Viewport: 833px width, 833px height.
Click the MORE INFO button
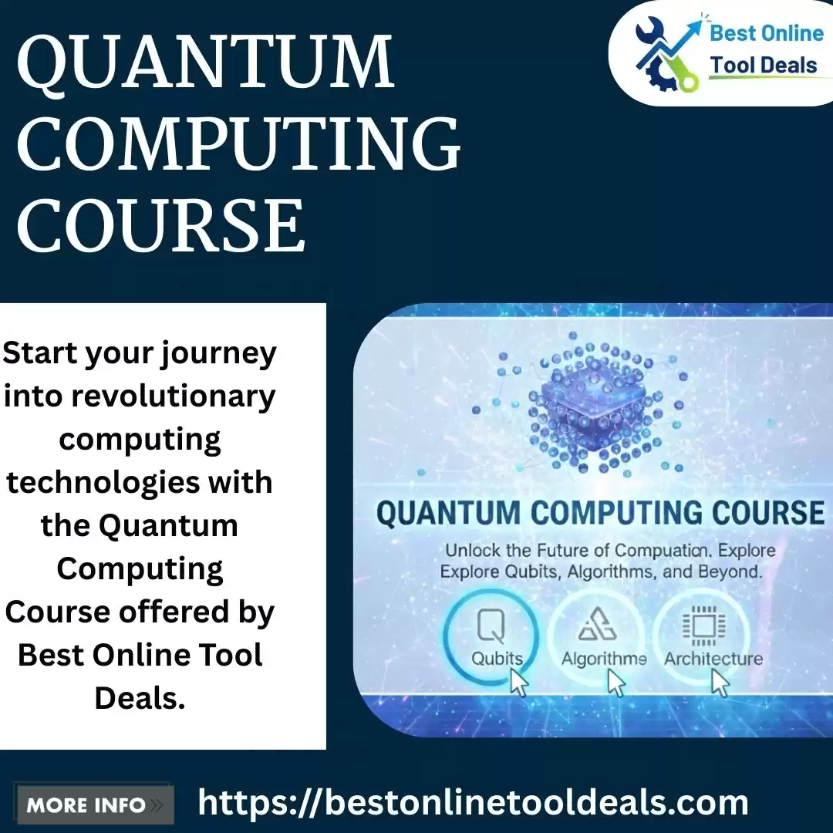click(x=96, y=805)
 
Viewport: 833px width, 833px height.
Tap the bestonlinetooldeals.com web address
click(x=473, y=803)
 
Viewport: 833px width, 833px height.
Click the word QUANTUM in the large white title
click(x=206, y=63)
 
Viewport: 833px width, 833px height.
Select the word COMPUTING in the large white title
click(x=239, y=143)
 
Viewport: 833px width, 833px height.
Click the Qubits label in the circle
click(x=497, y=659)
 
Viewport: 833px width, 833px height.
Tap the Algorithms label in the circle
click(x=604, y=659)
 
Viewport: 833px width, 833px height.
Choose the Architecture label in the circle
click(x=713, y=659)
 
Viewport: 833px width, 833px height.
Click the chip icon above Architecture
click(x=704, y=626)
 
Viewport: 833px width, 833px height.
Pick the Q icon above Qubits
click(x=491, y=626)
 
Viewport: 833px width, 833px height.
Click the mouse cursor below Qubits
click(x=519, y=682)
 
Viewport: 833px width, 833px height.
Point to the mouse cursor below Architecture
click(x=720, y=682)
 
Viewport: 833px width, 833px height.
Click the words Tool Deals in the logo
click(x=764, y=66)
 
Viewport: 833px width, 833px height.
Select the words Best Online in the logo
click(x=767, y=33)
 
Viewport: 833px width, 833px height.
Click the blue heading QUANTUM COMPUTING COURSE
click(x=600, y=513)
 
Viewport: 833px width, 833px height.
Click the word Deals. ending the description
click(x=140, y=698)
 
